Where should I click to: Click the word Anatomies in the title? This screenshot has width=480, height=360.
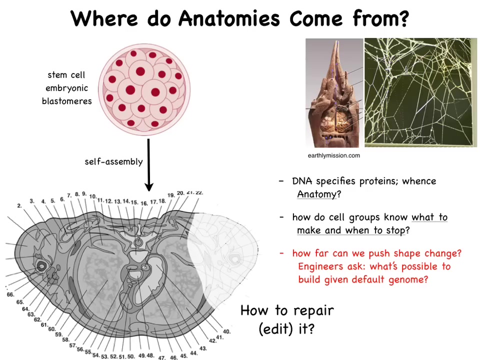point(229,18)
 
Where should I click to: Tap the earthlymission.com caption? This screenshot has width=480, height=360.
point(333,155)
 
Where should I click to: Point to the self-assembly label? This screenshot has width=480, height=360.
point(113,161)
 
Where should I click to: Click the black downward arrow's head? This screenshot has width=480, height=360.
point(149,186)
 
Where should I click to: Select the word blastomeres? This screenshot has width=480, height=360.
point(66,101)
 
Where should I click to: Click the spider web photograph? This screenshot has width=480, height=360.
point(420,92)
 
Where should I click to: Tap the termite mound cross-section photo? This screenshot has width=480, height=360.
point(334,93)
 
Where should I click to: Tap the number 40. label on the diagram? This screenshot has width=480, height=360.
point(226,331)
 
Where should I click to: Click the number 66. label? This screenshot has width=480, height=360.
point(10,294)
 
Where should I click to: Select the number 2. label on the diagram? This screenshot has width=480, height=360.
point(19,205)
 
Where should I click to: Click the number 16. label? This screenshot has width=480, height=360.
point(144,203)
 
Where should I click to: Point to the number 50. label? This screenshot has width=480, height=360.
point(131,356)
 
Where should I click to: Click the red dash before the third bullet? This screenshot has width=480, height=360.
point(281,253)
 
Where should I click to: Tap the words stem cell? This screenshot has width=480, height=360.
point(66,74)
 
